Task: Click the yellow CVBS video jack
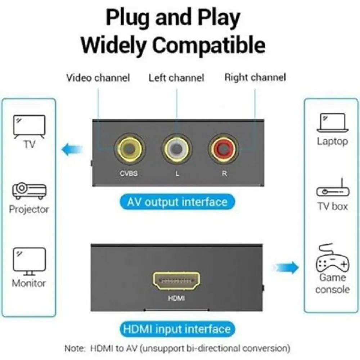pyautogui.click(x=130, y=149)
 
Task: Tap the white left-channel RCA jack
pyautogui.click(x=176, y=149)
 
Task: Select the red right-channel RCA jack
pyautogui.click(x=224, y=149)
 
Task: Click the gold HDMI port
pyautogui.click(x=176, y=280)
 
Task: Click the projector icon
pyautogui.click(x=29, y=191)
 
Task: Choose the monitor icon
pyautogui.click(x=29, y=261)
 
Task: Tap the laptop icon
pyautogui.click(x=332, y=123)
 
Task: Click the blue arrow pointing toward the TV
pyautogui.click(x=72, y=149)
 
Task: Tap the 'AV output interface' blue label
pyautogui.click(x=177, y=202)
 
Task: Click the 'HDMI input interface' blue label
pyautogui.click(x=177, y=329)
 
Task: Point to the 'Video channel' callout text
pyautogui.click(x=98, y=78)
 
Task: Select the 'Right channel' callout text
pyautogui.click(x=255, y=77)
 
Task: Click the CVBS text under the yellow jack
pyautogui.click(x=129, y=174)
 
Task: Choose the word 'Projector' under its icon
pyautogui.click(x=29, y=210)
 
